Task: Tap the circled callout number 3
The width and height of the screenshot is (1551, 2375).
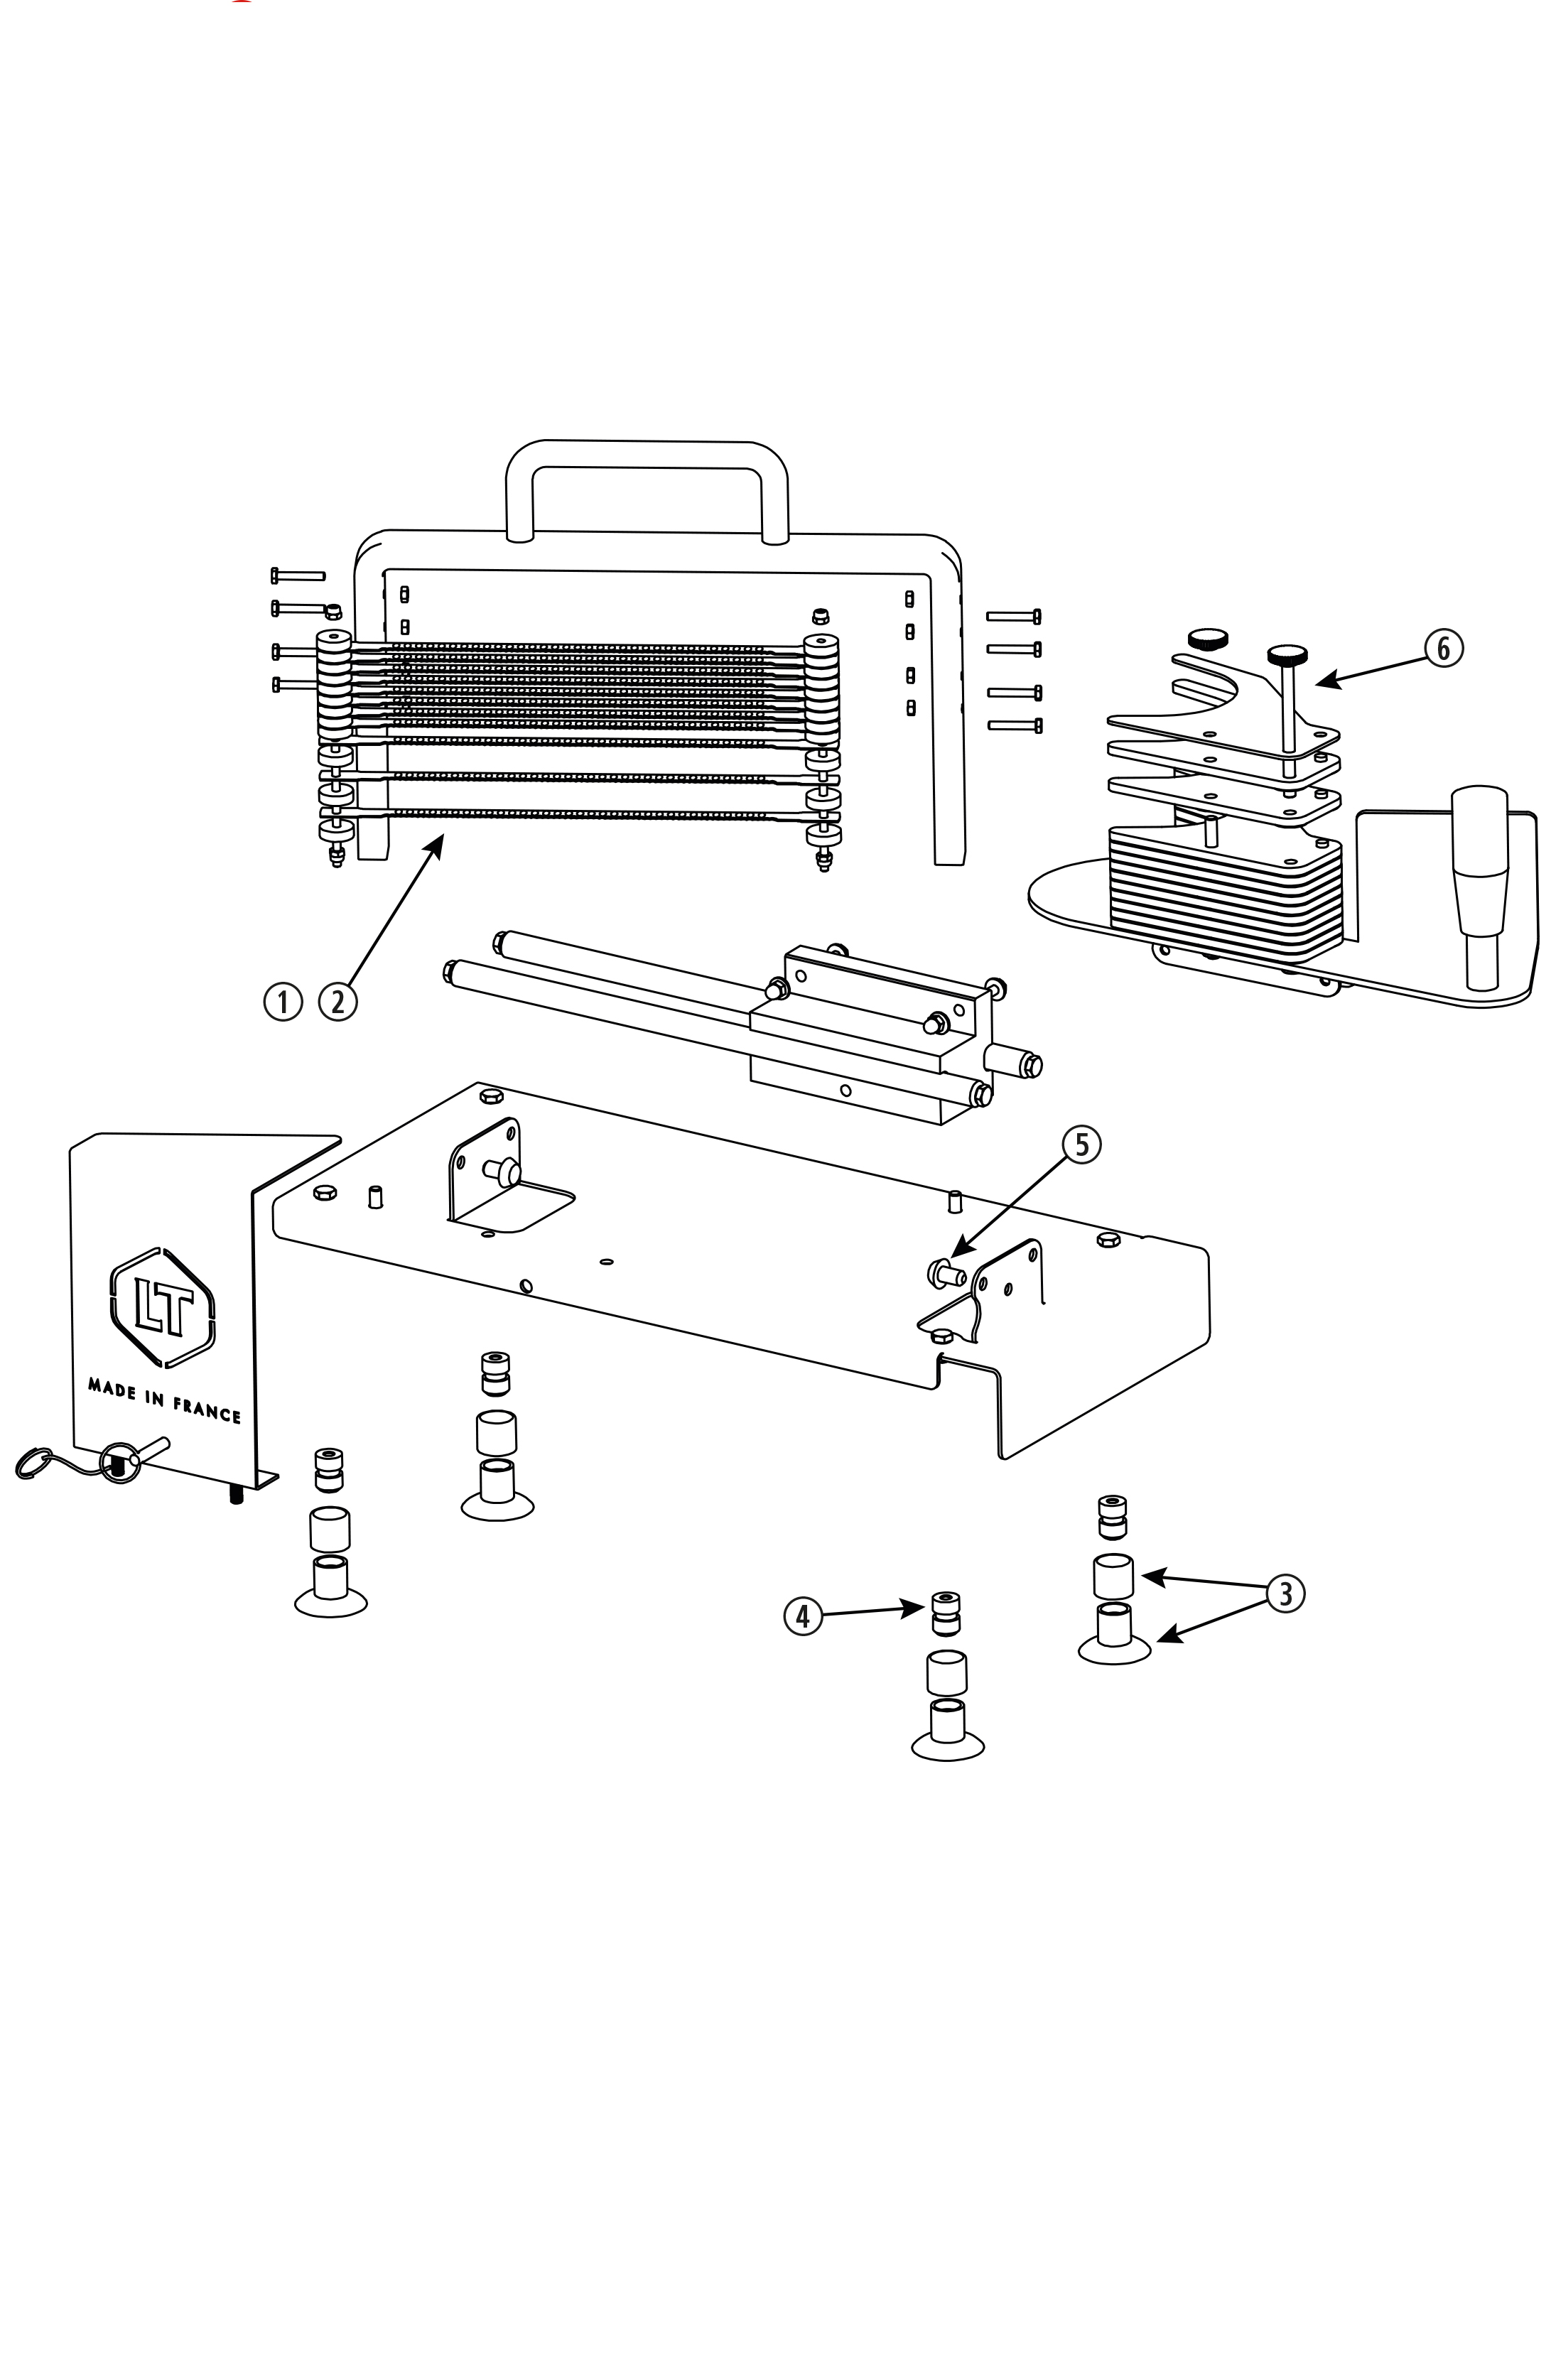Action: point(1285,1593)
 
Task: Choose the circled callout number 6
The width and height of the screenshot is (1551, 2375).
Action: point(1443,649)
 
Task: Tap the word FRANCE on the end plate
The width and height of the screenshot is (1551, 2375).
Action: point(207,1408)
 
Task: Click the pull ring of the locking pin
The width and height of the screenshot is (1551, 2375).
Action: point(118,1463)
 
